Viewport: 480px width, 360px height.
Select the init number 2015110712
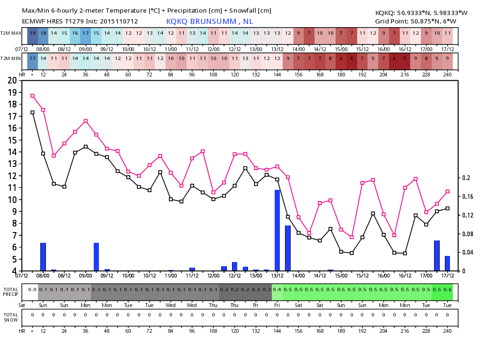pos(119,22)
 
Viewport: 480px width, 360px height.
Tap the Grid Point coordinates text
pos(416,22)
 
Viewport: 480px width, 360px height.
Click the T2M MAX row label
pos(11,33)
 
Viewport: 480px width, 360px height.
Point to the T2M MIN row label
pos(11,59)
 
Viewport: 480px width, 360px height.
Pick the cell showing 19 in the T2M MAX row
pos(32,33)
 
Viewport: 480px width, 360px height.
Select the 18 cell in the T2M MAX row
pos(43,33)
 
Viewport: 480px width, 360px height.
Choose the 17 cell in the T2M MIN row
pos(32,59)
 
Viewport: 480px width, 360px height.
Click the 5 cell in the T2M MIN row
pos(405,59)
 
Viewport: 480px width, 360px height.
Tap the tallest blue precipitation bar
pos(277,230)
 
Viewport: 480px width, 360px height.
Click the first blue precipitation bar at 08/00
pos(43,257)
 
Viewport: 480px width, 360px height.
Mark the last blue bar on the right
pos(448,263)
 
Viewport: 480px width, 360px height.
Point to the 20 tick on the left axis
pos(12,81)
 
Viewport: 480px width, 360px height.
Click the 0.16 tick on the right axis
pos(467,196)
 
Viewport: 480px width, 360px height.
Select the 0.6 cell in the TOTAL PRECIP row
pos(448,290)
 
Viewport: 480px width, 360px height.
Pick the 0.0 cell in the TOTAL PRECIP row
pos(32,290)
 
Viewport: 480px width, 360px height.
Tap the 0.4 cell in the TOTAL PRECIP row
pos(277,290)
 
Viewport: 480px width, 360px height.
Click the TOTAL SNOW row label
pos(11,317)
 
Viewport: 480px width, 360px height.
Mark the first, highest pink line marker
pos(32,96)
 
